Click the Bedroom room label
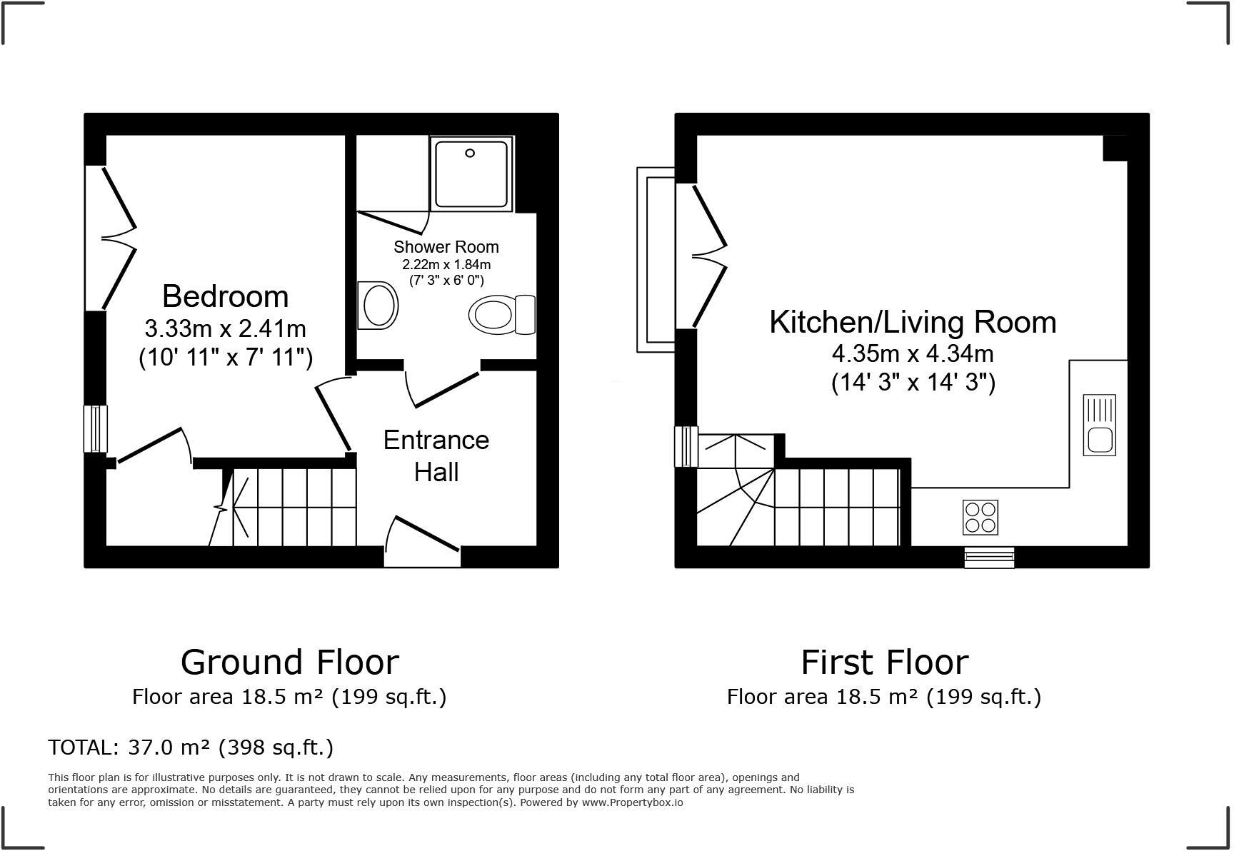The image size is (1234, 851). pos(225,296)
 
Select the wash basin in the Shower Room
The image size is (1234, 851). pos(378,306)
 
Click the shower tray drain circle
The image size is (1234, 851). pos(470,153)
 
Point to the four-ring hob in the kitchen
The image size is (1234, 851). pos(980,517)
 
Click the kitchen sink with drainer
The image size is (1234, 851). pos(1099,425)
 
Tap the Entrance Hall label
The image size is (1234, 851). pos(436,455)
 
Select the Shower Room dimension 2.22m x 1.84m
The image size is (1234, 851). pos(446,264)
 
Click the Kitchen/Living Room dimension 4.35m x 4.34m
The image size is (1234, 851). pos(913,353)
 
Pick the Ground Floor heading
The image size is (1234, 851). pos(289,662)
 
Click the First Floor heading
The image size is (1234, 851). pos(884,662)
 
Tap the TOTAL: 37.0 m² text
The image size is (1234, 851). pos(191,747)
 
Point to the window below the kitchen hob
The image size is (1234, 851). pos(989,557)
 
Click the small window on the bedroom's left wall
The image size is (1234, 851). pos(95,428)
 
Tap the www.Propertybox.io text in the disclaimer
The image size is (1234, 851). pos(632,802)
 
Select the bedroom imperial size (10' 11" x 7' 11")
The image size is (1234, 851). pos(225,357)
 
